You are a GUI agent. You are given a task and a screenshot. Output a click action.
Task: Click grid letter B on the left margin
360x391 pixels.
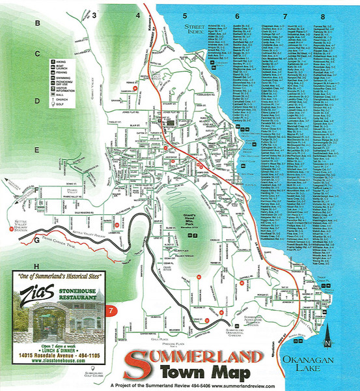point(38,24)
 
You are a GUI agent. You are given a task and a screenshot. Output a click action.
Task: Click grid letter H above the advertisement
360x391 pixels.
point(37,267)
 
